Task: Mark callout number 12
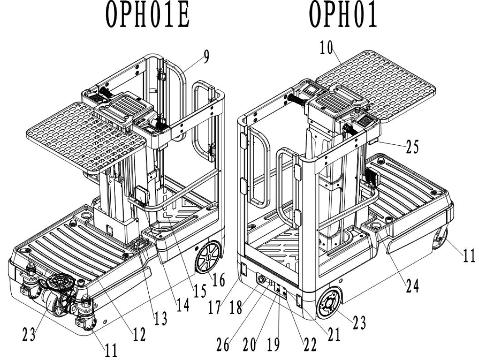pyautogui.click(x=139, y=335)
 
